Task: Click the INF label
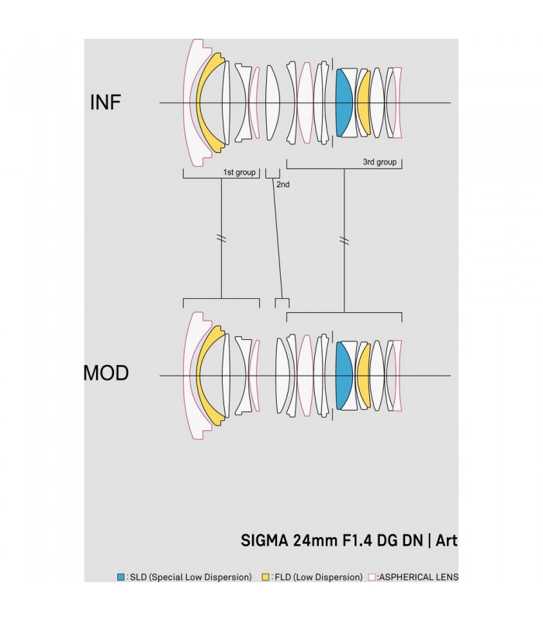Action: [105, 102]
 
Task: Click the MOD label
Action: [105, 374]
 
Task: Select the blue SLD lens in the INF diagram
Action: [344, 102]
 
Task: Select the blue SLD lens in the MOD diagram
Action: [344, 375]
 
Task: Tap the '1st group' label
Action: [239, 172]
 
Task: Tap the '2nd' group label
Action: [282, 185]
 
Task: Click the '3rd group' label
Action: [379, 162]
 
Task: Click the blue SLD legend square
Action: [120, 577]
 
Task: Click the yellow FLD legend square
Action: [266, 577]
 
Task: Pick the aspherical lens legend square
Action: [372, 577]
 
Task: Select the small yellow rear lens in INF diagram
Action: [362, 102]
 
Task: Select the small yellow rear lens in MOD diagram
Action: [362, 375]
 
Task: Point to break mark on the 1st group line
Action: [222, 238]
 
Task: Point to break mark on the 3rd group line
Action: [344, 238]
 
